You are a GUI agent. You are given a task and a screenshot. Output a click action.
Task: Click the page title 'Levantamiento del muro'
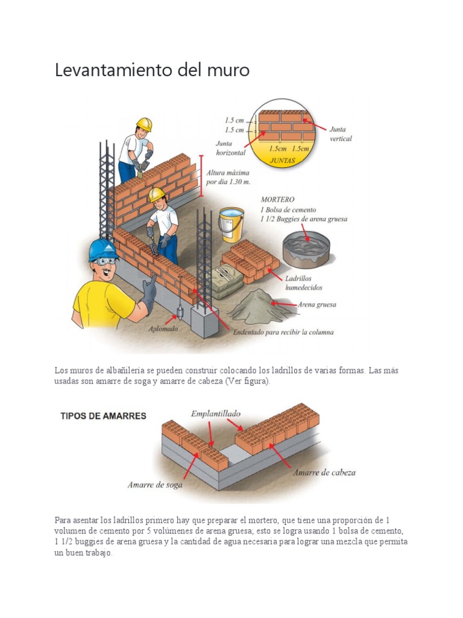coord(152,70)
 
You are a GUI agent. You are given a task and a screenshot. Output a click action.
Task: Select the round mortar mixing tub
coord(306,248)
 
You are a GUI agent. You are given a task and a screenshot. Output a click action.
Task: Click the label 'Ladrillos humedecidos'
coord(304,283)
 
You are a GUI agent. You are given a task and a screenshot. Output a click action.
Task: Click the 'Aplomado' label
coord(163,330)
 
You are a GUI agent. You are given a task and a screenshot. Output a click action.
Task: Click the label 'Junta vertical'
coord(341,133)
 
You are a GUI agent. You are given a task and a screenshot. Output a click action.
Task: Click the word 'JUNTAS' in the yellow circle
coord(283,161)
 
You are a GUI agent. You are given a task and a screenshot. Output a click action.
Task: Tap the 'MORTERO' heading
coord(278,199)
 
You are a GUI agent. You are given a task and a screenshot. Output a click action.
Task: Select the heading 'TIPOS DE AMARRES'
coord(103,416)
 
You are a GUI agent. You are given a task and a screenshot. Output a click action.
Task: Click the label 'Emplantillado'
coord(216,413)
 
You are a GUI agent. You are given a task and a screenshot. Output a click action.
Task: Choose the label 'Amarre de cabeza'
coord(324,473)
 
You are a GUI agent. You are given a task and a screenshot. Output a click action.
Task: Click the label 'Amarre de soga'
coord(155,484)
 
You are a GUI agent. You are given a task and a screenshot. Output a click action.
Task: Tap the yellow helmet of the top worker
coord(144,124)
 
